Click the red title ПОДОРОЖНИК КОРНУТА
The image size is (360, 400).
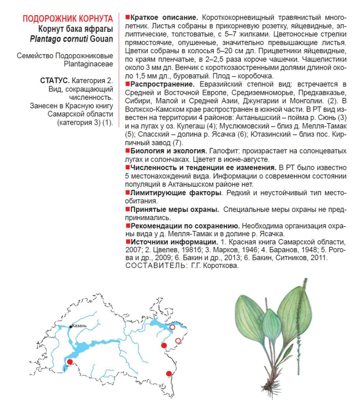68,19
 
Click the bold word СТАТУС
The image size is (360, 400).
55,81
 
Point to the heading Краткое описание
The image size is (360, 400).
163,18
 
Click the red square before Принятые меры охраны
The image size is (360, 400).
127,209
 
